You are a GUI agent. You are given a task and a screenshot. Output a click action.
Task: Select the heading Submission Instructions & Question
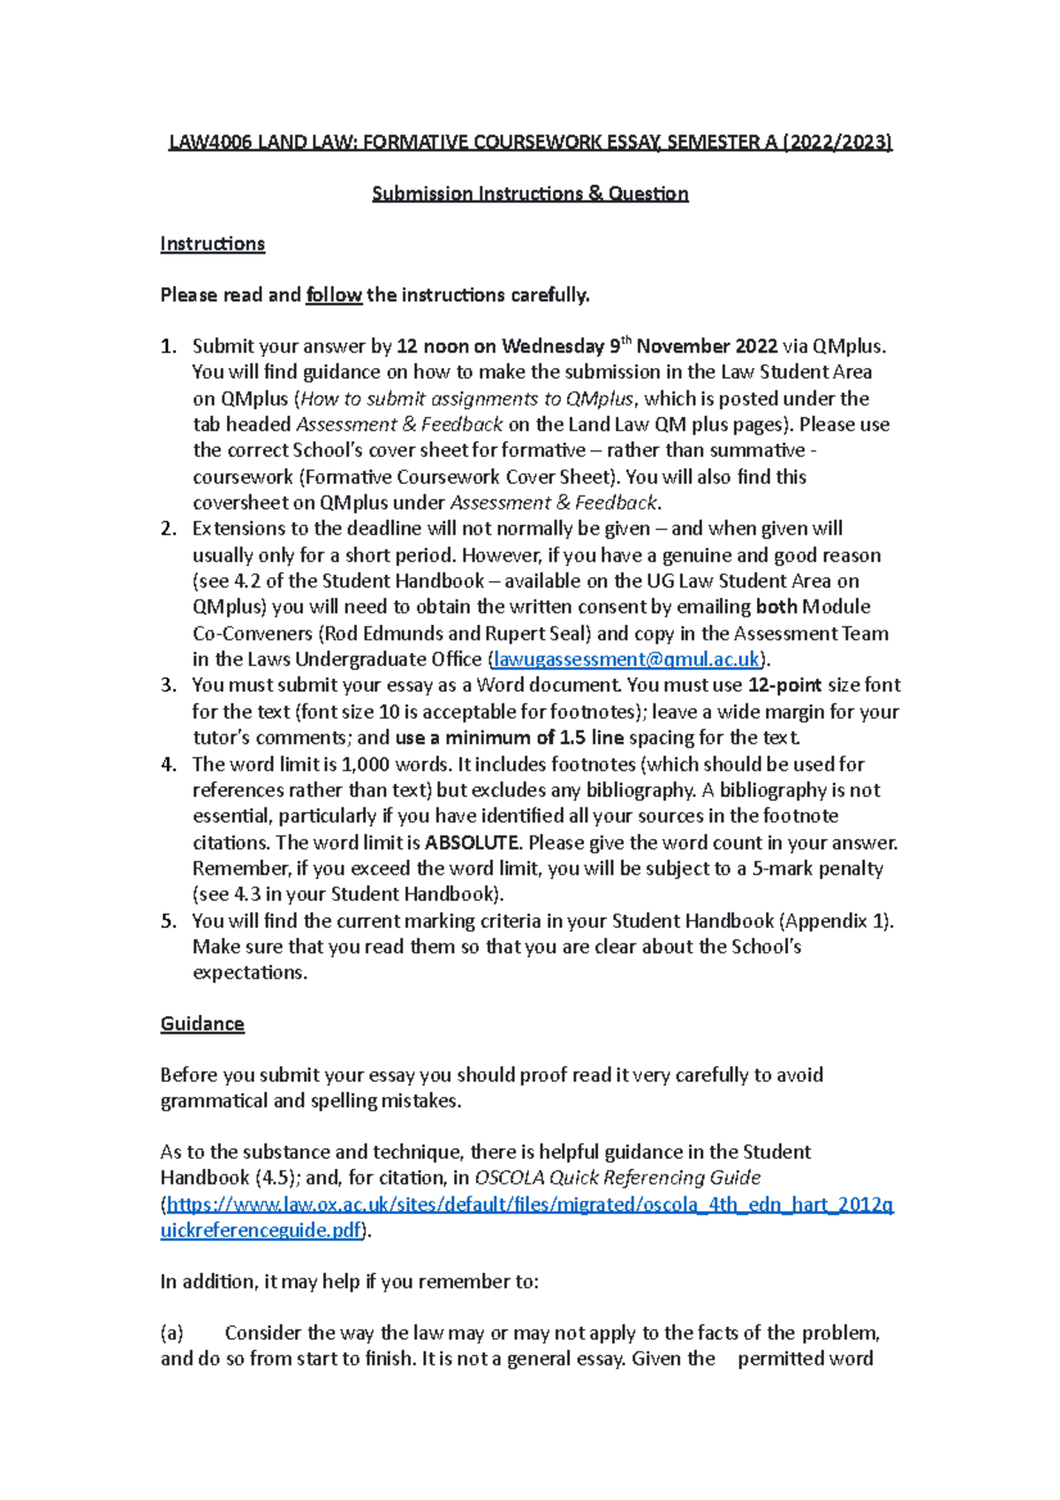coord(530,193)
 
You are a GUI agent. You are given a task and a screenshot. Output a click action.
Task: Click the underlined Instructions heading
coord(212,244)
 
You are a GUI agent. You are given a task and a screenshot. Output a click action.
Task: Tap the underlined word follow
coord(333,295)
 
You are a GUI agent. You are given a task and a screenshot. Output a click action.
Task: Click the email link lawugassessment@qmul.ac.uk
coord(626,660)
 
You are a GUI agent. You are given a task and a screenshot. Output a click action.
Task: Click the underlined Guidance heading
coord(202,1024)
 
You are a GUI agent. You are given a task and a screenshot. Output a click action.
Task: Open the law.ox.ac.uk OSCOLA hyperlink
coord(530,1205)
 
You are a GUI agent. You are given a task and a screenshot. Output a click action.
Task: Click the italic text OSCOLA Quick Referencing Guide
coord(617,1178)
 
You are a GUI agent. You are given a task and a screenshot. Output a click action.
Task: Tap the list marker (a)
coord(171,1333)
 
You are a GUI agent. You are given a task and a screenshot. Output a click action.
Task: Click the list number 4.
coord(168,764)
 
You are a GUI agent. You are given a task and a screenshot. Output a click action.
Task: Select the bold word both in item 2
coord(776,607)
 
